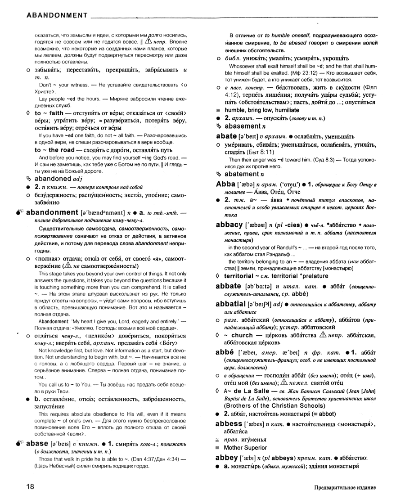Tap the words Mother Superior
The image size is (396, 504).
tap(246, 448)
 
